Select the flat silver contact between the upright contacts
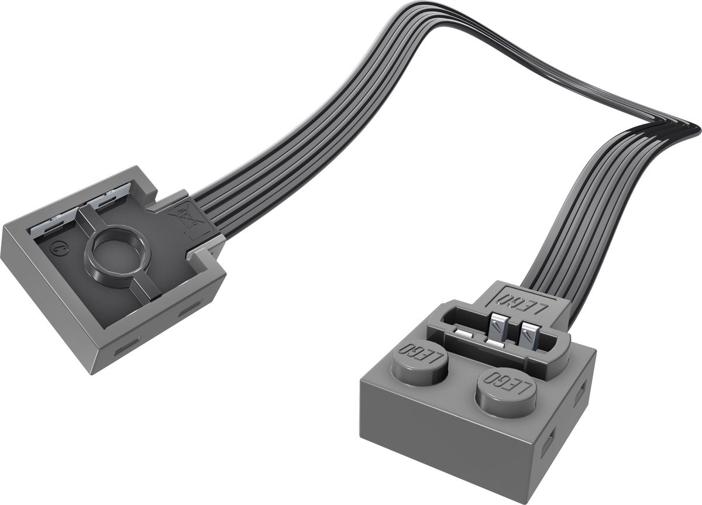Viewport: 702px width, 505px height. point(495,345)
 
